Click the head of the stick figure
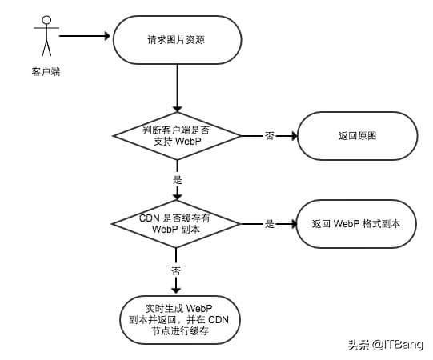(x=46, y=20)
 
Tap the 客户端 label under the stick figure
(x=46, y=72)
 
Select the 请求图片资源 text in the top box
(x=176, y=40)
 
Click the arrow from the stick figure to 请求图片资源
(x=85, y=36)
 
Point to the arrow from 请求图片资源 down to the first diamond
(x=178, y=88)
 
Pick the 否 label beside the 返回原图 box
(x=270, y=136)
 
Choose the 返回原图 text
(x=357, y=136)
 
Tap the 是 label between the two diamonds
(x=178, y=180)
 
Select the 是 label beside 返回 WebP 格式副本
(x=270, y=224)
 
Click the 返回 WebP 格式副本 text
(x=356, y=224)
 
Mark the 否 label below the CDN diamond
(x=176, y=270)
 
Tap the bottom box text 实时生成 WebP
(x=179, y=308)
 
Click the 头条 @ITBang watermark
(x=386, y=345)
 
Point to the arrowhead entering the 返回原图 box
(x=293, y=136)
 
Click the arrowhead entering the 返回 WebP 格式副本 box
(x=293, y=224)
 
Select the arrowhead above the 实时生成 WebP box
(x=176, y=290)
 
